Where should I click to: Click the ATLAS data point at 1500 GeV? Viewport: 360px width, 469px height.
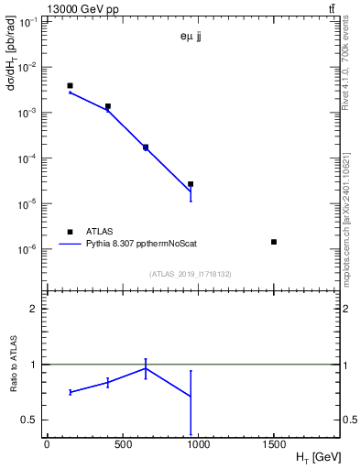tap(274, 242)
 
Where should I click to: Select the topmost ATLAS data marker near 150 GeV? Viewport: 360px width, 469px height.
tap(70, 86)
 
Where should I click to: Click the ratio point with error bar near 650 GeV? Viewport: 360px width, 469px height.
tap(146, 368)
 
